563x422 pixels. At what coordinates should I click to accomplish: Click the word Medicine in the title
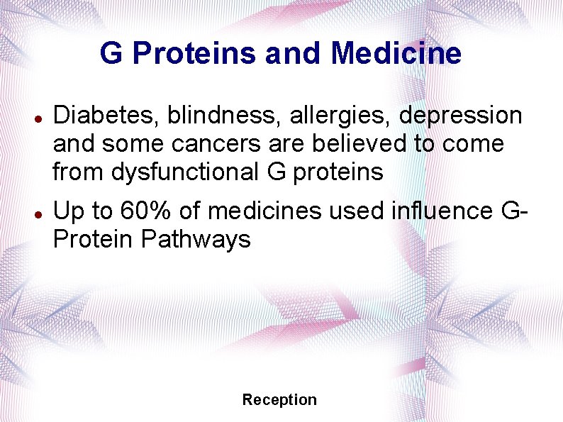396,53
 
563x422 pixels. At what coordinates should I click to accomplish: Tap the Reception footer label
279,400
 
